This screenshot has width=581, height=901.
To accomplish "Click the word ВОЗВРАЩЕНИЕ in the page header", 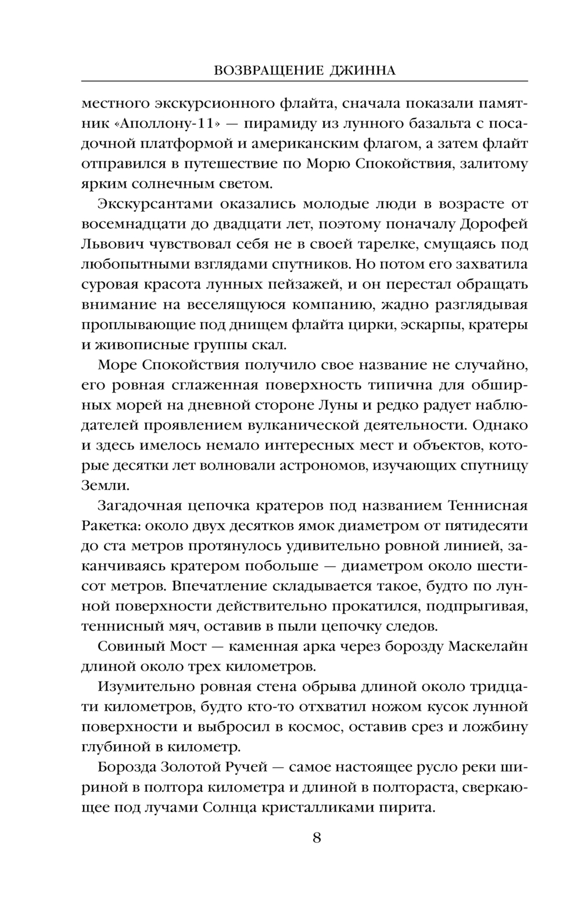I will point(259,71).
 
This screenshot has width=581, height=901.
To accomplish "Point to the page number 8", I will point(317,838).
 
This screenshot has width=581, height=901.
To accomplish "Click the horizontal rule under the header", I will point(304,81).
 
